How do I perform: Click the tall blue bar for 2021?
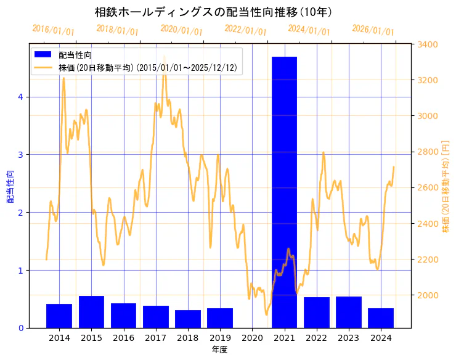[x=284, y=192]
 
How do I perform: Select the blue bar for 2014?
[x=59, y=316]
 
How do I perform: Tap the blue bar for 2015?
[x=91, y=312]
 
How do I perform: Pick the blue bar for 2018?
[x=188, y=319]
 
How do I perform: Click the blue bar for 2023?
[x=349, y=312]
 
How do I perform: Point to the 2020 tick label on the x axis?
[x=252, y=337]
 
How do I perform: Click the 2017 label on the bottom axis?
[x=156, y=337]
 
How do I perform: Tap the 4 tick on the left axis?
[x=21, y=97]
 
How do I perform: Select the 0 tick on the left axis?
[x=21, y=328]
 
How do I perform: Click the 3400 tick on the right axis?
[x=428, y=44]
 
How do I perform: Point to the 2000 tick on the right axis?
[x=428, y=295]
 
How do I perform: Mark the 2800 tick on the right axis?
[x=428, y=152]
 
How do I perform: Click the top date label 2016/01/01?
[x=54, y=30]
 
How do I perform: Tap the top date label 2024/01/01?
[x=309, y=30]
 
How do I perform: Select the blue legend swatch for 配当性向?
[x=44, y=55]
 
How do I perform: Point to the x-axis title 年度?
[x=220, y=350]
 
